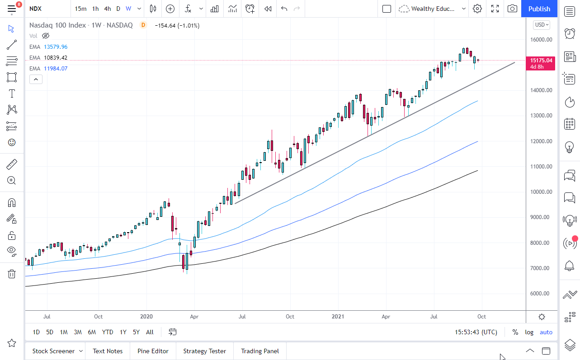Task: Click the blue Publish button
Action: coord(539,9)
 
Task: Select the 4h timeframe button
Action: coord(107,9)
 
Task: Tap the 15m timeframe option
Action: coord(80,9)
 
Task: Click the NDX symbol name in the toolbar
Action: coord(36,9)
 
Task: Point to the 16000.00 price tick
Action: coord(541,40)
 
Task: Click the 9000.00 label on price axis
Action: coord(541,217)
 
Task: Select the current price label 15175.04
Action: coord(541,60)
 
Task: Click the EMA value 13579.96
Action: coord(56,47)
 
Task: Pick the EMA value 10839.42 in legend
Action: coord(56,58)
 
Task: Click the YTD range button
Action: coord(108,332)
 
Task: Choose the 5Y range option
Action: coord(136,332)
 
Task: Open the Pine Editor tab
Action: coord(153,351)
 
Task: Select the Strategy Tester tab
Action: coord(204,351)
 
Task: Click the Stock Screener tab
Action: coord(53,351)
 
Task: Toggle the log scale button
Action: coord(529,332)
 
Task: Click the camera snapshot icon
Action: coord(512,9)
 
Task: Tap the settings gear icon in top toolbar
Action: coord(477,9)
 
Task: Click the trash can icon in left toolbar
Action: coord(12,274)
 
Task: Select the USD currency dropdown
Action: coord(541,25)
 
